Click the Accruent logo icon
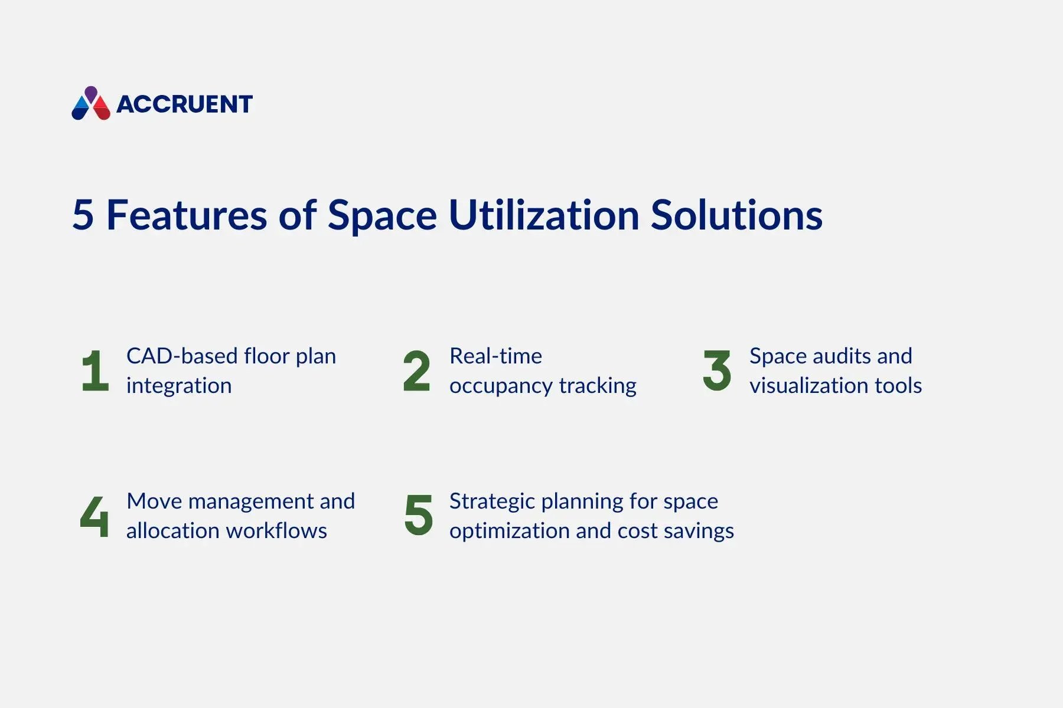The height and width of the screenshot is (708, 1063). [x=91, y=103]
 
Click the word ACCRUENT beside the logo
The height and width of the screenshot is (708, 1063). [x=184, y=104]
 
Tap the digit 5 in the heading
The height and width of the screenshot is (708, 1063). [x=83, y=215]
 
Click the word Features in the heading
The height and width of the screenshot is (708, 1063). [x=187, y=215]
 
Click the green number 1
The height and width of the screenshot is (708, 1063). [x=95, y=371]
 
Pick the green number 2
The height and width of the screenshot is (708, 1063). [x=416, y=371]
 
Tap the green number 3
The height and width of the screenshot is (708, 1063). [x=717, y=371]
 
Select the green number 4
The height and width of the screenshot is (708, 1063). [x=94, y=516]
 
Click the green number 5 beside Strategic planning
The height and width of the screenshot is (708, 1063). [x=418, y=515]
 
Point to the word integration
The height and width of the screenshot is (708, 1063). [x=179, y=386]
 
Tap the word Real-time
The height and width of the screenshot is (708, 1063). [x=495, y=356]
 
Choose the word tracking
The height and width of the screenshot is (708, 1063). [x=598, y=386]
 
